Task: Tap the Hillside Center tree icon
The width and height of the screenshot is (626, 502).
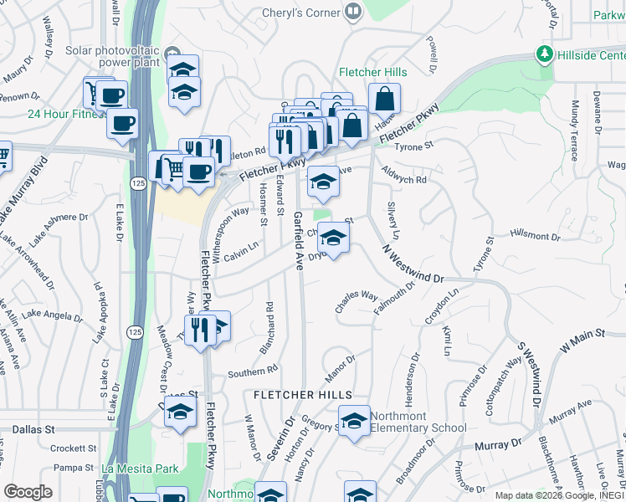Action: coord(545,54)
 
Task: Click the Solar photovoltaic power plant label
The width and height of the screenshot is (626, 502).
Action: coord(128,56)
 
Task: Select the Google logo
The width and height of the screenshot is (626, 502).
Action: coord(28,492)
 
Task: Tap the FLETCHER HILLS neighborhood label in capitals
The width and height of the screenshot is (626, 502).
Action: coord(303,394)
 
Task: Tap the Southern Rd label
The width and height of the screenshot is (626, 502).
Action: coord(252,371)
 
